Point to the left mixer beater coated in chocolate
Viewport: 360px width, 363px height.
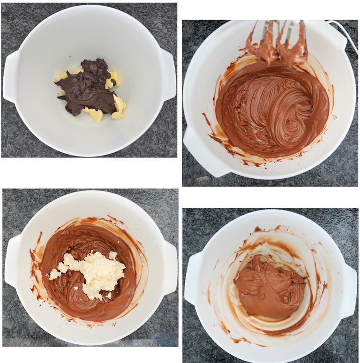pyautogui.click(x=264, y=47)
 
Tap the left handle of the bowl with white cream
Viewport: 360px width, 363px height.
pyautogui.click(x=13, y=260)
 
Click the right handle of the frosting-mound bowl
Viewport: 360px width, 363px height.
pyautogui.click(x=349, y=290)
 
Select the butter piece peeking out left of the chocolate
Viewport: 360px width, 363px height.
pyautogui.click(x=62, y=76)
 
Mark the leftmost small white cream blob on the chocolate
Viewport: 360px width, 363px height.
pyautogui.click(x=54, y=274)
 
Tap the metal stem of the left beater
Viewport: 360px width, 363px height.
pyautogui.click(x=266, y=26)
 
